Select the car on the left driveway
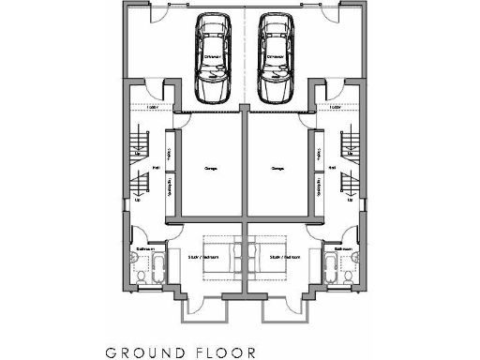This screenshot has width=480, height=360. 212,58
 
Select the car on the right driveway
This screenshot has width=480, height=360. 276,58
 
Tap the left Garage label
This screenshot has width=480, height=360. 211,169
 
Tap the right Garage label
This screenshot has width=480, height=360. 277,169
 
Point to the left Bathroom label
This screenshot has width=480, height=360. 143,248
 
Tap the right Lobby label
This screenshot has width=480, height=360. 335,106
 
